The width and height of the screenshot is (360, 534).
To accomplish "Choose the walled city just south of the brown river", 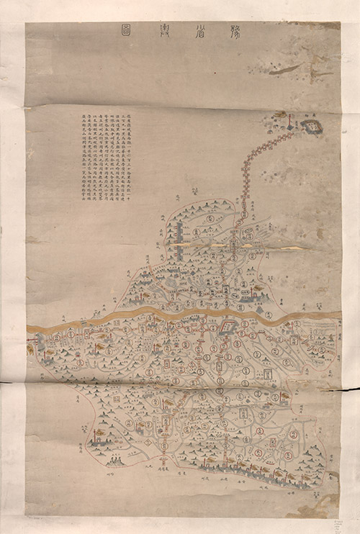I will pyautogui.click(x=229, y=328).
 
